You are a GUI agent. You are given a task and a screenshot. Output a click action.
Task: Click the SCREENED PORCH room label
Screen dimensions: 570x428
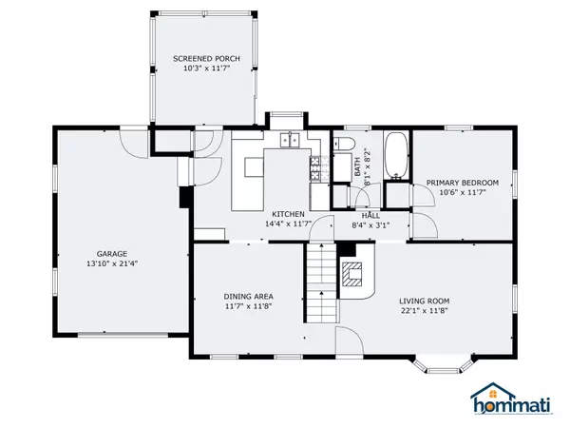(206, 59)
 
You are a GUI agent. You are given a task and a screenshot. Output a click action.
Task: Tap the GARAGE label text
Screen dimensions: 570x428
(112, 254)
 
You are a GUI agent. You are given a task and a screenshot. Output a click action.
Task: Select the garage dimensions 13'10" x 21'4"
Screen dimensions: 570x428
(112, 263)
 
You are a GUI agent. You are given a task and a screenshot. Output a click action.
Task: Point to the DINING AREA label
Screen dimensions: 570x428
(248, 297)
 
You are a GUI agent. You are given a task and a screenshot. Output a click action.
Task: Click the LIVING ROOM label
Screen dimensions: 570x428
(425, 301)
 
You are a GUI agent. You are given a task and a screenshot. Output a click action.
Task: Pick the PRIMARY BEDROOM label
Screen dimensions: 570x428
(463, 183)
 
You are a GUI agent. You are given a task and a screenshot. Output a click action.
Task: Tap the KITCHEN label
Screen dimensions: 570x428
(288, 214)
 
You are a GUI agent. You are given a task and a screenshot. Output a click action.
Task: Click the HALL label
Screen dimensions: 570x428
(370, 216)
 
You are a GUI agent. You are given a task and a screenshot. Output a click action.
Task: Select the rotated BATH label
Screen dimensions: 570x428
(358, 166)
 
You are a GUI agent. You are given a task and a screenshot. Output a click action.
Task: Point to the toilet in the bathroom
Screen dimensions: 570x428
(344, 144)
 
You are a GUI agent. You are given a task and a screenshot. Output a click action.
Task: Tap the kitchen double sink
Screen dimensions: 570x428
(290, 141)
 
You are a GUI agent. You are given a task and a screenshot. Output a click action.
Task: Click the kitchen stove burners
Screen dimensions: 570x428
(314, 167)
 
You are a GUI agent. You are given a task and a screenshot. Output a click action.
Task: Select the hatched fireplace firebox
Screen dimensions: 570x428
(351, 274)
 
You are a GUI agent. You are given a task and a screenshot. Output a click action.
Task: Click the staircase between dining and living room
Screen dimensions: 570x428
(321, 282)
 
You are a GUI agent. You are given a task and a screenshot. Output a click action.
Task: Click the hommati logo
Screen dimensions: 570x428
(511, 399)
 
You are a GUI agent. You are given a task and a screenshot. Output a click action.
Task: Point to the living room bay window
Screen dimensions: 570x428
(443, 366)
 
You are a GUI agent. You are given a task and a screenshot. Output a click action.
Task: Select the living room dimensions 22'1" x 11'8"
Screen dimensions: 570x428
(425, 311)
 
